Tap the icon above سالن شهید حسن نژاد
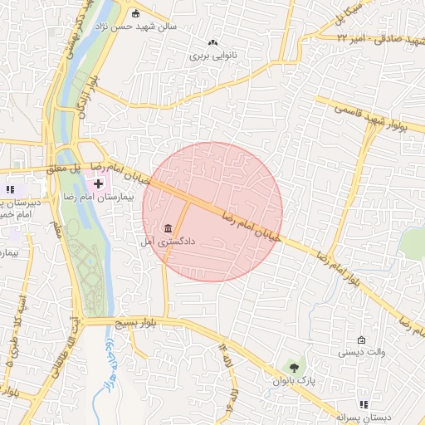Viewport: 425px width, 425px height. coord(136,12)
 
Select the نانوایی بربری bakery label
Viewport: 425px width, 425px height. coord(213,56)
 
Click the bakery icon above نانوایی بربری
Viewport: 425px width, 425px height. coord(213,42)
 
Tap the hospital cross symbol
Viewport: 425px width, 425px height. coord(99,182)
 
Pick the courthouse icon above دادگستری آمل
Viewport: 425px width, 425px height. coord(169,228)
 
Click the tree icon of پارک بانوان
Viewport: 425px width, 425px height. coord(291,366)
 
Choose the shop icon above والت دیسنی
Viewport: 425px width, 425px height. coord(361,339)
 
